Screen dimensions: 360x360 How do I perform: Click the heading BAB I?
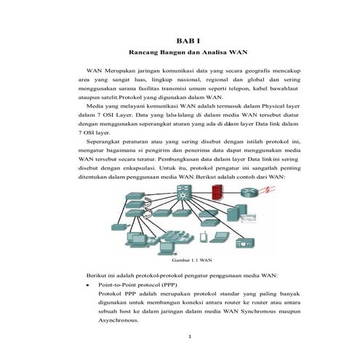[x=188, y=41]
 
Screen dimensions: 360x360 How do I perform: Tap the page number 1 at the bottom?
[x=190, y=336]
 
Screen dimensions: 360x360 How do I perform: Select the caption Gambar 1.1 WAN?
[x=192, y=260]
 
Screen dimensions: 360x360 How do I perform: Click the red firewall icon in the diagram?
[x=217, y=192]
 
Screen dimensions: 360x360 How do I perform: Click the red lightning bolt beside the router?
[x=267, y=189]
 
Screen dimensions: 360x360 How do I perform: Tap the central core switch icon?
[x=184, y=192]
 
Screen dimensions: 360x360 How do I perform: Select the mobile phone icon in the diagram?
[x=203, y=237]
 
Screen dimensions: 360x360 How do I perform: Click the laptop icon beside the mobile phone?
[x=219, y=237]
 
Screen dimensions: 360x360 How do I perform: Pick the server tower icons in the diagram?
[x=236, y=212]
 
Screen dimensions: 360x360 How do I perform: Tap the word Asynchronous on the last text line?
[x=119, y=320]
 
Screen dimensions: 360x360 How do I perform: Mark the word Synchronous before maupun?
[x=258, y=311]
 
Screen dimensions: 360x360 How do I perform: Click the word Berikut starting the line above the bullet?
[x=95, y=276]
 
